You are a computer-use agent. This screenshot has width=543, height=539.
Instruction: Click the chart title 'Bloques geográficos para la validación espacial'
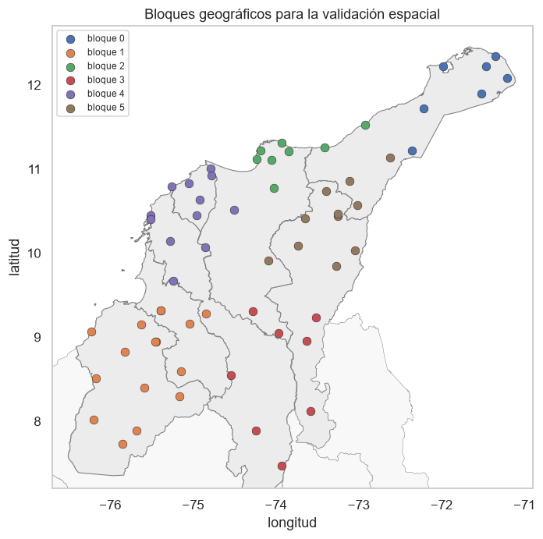pyautogui.click(x=292, y=15)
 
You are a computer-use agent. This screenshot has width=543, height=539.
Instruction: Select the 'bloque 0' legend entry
pyautogui.click(x=96, y=38)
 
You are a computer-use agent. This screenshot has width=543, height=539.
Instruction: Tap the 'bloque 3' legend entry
pyautogui.click(x=96, y=80)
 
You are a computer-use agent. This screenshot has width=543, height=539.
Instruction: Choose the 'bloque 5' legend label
pyautogui.click(x=105, y=108)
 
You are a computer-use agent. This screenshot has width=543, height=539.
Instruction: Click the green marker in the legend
pyautogui.click(x=71, y=67)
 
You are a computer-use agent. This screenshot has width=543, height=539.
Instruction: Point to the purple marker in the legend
pyautogui.click(x=71, y=94)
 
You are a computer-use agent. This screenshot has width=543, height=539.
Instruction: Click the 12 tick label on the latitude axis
pyautogui.click(x=34, y=85)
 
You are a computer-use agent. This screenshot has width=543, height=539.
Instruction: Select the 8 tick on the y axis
pyautogui.click(x=37, y=422)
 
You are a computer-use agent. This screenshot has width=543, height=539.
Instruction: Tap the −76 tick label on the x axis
pyautogui.click(x=110, y=505)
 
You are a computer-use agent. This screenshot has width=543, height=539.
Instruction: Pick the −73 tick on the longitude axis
pyautogui.click(x=359, y=505)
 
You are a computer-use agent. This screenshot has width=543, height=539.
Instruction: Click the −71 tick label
pyautogui.click(x=524, y=505)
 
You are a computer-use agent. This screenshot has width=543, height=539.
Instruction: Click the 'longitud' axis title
pyautogui.click(x=292, y=523)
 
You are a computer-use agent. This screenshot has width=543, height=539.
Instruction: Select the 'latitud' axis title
pyautogui.click(x=14, y=257)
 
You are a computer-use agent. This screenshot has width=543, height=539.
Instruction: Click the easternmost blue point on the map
pyautogui.click(x=507, y=79)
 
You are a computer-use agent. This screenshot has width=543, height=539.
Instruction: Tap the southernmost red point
pyautogui.click(x=282, y=466)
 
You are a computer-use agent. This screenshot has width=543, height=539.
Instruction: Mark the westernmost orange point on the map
pyautogui.click(x=91, y=332)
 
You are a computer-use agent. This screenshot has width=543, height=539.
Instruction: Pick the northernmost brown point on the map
pyautogui.click(x=390, y=158)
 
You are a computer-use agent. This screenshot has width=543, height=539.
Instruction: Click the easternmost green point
pyautogui.click(x=365, y=125)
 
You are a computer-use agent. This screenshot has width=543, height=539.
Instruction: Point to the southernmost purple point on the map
pyautogui.click(x=173, y=281)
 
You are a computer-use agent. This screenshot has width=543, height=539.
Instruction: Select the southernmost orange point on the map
pyautogui.click(x=122, y=444)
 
